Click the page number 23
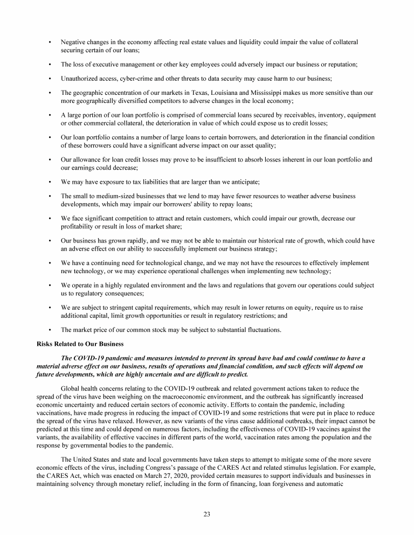pos(207,513)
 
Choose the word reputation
pos(342,64)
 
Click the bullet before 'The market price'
pos(50,329)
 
